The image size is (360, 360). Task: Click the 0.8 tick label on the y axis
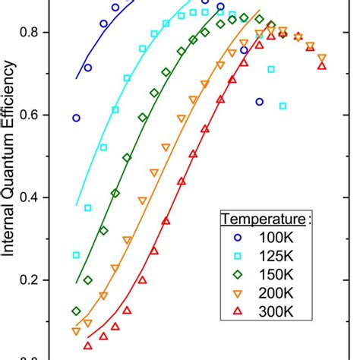coord(38,33)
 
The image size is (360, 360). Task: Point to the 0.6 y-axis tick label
coord(38,115)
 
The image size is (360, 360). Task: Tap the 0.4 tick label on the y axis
coord(38,197)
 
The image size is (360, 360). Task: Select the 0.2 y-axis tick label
coord(38,280)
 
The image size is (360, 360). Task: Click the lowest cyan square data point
coord(76,255)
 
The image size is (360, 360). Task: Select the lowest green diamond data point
coord(76,311)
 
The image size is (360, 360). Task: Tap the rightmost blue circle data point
coord(260,101)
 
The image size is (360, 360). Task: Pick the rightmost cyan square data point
coord(283,106)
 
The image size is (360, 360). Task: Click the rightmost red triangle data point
coord(322,66)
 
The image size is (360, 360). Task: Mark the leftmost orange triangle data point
coord(76,331)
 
